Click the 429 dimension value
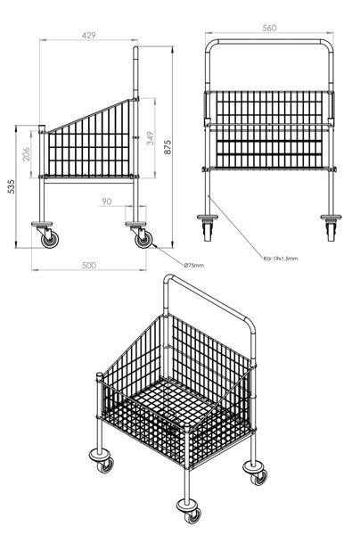coord(88,35)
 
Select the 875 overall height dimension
coord(168,147)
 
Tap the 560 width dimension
coord(269,28)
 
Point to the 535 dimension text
coord(12,186)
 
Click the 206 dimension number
coord(26,154)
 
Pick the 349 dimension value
coord(150,138)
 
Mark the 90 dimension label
coord(107,202)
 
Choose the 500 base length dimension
coord(89,266)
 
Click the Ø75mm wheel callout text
coord(193,265)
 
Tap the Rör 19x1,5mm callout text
coord(281,259)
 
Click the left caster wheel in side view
coord(50,239)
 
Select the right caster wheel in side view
coord(143,239)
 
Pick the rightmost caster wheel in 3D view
coord(259,477)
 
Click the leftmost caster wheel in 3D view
coord(105,465)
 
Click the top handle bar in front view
coord(269,42)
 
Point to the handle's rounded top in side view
coord(135,49)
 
